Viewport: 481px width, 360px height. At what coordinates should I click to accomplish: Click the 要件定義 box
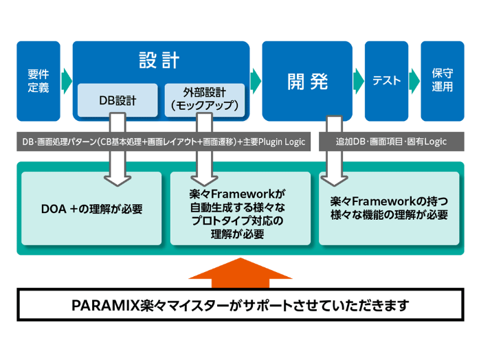pyautogui.click(x=38, y=81)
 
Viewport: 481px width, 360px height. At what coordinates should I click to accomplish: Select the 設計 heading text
pyautogui.click(x=159, y=60)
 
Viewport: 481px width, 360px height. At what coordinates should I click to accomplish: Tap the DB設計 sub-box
pyautogui.click(x=118, y=100)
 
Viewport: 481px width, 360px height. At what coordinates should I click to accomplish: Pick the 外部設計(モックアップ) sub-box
pyautogui.click(x=204, y=100)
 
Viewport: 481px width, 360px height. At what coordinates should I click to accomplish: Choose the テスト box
pyautogui.click(x=386, y=81)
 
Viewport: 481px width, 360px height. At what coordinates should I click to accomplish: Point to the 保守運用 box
pyautogui.click(x=442, y=81)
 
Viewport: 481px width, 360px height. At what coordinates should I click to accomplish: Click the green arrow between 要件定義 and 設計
pyautogui.click(x=66, y=81)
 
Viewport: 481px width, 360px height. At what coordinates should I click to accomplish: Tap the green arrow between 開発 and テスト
pyautogui.click(x=358, y=80)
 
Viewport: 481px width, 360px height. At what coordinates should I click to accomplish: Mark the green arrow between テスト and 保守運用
pyautogui.click(x=414, y=80)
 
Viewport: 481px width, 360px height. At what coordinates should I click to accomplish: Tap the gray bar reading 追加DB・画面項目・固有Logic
pyautogui.click(x=390, y=142)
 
